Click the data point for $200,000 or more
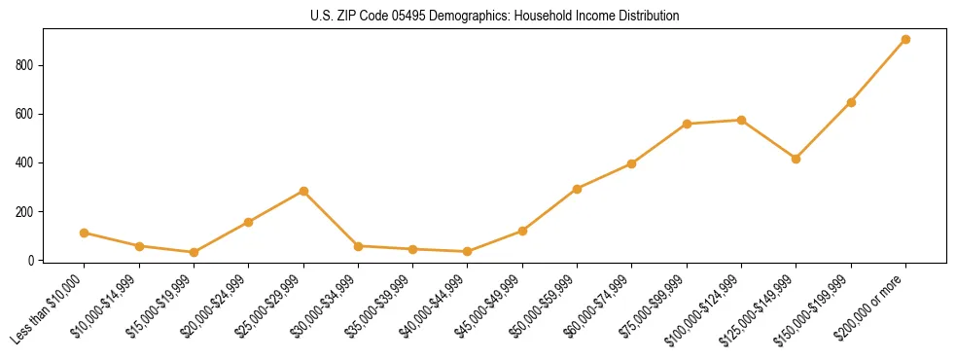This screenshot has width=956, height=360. pyautogui.click(x=905, y=40)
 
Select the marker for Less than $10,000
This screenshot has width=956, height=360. pyautogui.click(x=85, y=234)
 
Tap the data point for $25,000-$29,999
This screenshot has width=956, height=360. pyautogui.click(x=303, y=192)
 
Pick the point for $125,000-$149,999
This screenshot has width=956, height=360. pyautogui.click(x=797, y=159)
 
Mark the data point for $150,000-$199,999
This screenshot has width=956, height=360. pyautogui.click(x=851, y=102)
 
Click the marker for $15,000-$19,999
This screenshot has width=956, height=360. pyautogui.click(x=194, y=253)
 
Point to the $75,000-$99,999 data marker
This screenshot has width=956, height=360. pyautogui.click(x=687, y=125)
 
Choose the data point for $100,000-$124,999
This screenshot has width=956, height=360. pyautogui.click(x=741, y=121)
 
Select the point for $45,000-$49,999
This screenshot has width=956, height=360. pyautogui.click(x=522, y=232)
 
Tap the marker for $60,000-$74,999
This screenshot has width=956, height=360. pyautogui.click(x=632, y=164)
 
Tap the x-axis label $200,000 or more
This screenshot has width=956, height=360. pyautogui.click(x=871, y=308)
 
